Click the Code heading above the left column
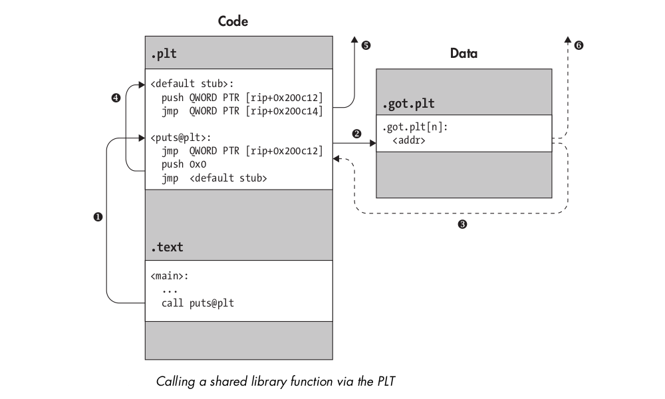coord(233,22)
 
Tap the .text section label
coord(167,247)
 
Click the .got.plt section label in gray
coord(407,104)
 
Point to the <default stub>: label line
coord(192,84)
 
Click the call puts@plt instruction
coord(198,303)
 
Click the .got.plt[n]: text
coord(414,128)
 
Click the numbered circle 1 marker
coord(98,217)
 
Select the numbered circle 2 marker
coord(356,134)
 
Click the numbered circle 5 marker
coord(365,46)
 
